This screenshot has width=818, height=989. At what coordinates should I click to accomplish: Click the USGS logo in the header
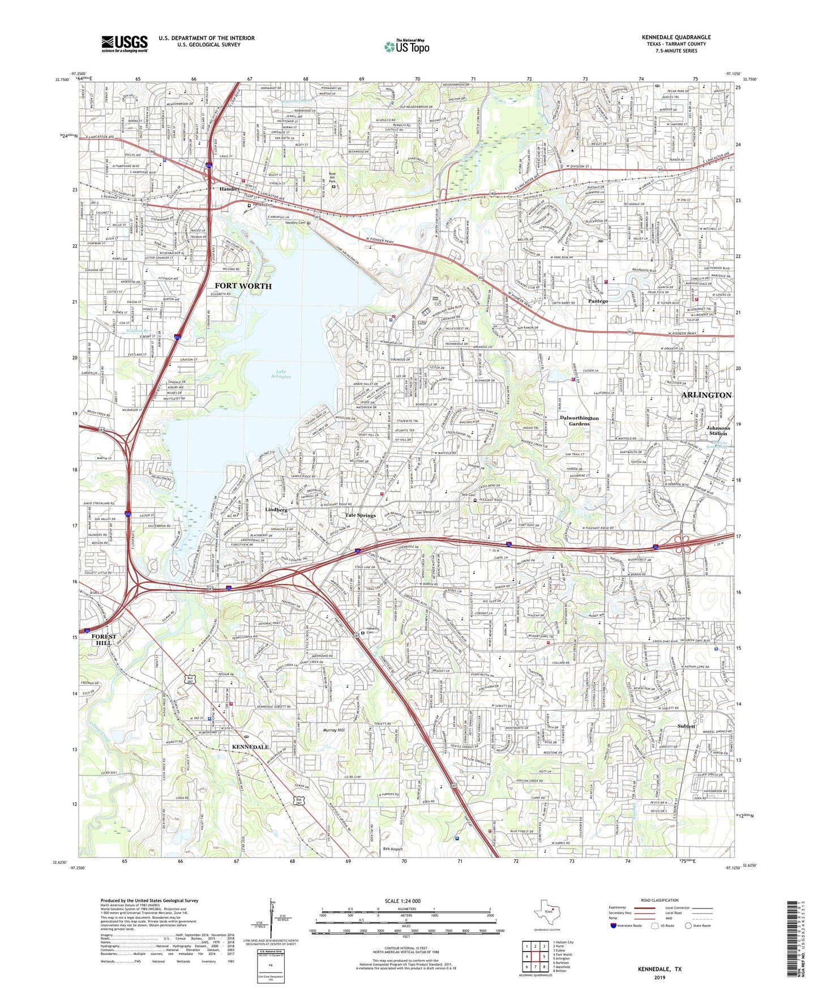[x=125, y=44]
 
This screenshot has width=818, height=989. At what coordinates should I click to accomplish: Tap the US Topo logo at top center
[x=406, y=46]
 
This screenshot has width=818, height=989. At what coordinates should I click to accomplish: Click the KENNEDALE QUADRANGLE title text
[x=676, y=37]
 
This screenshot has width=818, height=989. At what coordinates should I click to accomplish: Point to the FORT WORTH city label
[x=243, y=286]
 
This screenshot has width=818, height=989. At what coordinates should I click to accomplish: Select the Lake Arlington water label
[x=281, y=374]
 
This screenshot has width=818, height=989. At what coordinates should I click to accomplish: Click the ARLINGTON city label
[x=706, y=395]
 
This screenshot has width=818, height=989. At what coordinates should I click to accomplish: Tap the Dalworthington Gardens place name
[x=579, y=420]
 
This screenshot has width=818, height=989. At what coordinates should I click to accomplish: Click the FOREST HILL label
[x=104, y=640]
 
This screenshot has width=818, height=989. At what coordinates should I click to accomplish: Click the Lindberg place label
[x=276, y=510]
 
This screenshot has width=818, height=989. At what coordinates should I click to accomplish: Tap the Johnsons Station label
[x=718, y=430]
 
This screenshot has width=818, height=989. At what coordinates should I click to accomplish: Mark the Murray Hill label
[x=333, y=730]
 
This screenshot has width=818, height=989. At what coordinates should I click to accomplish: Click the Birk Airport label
[x=393, y=849]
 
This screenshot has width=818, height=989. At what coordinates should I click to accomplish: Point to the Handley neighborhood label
[x=229, y=189]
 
